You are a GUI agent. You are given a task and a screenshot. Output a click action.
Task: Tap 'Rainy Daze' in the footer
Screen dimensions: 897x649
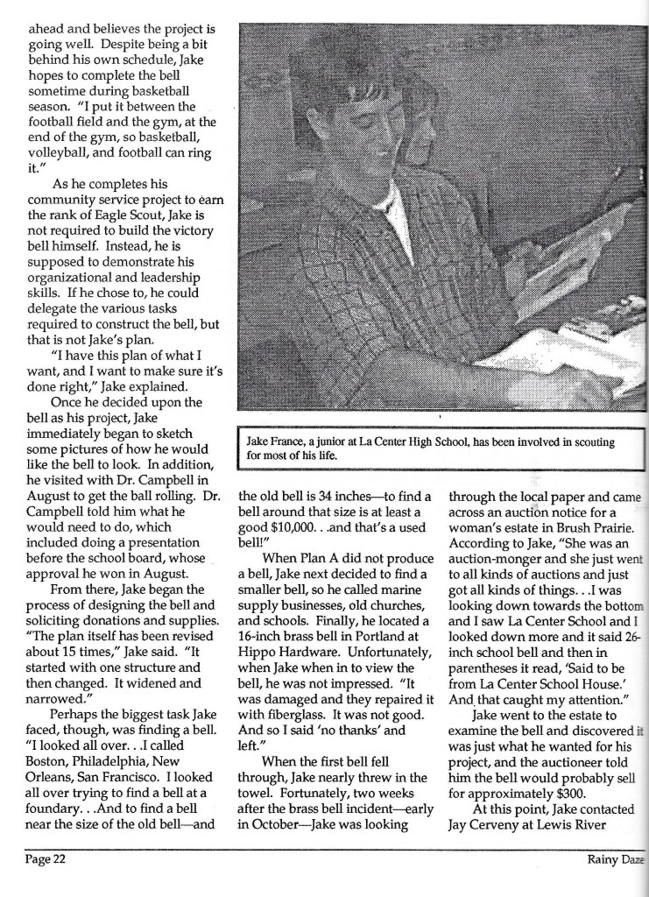[x=615, y=859]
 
